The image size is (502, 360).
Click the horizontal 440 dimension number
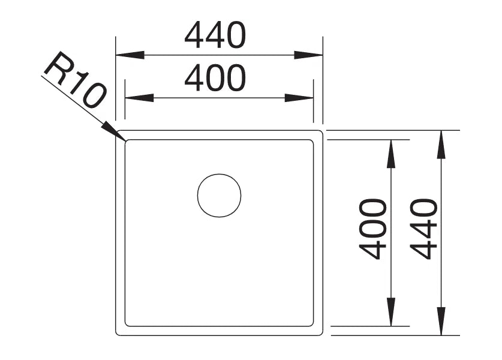coord(215,35)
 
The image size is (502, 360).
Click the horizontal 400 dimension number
coord(215,78)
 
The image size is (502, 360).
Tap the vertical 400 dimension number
coord(372,229)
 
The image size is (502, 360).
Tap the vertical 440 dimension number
coord(423,229)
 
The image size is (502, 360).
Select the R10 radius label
coord(74,80)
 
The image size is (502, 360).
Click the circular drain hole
coord(219,196)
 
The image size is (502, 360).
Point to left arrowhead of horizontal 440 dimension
coord(130,55)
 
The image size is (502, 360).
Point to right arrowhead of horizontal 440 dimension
coord(308,55)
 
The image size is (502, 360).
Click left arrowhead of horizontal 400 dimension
coord(139,98)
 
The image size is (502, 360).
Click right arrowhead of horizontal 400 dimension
coord(299,98)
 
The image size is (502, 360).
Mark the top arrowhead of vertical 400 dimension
coord(390,154)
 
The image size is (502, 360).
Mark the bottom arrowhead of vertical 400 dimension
coord(390,312)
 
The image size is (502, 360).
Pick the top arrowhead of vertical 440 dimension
coord(441,145)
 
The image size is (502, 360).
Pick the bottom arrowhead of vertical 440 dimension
coord(441,321)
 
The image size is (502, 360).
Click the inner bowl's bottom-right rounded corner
coord(312,325)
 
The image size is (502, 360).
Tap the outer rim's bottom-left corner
coord(116,334)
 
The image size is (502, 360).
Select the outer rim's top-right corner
coord(321,131)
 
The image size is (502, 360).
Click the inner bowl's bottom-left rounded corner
coord(126,325)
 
